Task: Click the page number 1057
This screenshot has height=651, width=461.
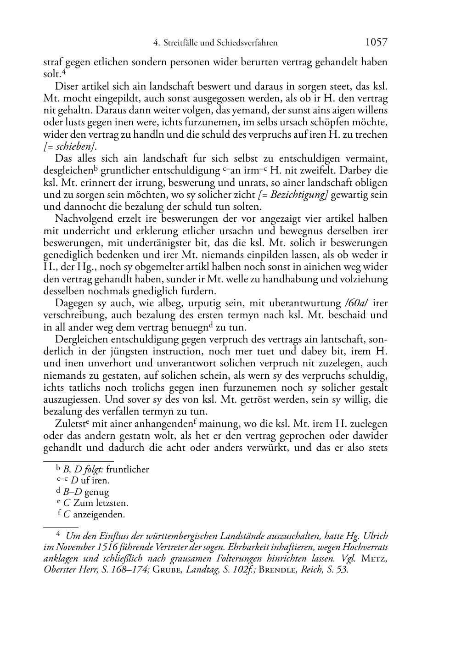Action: pos(376,43)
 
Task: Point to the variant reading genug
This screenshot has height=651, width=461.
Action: pos(97,492)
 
